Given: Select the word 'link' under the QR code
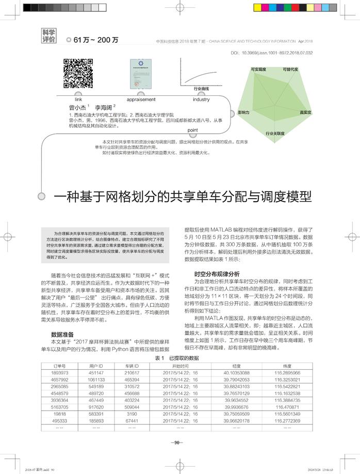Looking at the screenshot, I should pyautogui.click(x=78, y=99).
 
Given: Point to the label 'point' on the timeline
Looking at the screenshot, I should pyautogui.click(x=193, y=129).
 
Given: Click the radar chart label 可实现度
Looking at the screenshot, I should pyautogui.click(x=258, y=69).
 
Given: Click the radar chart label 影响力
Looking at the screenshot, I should pyautogui.click(x=243, y=111).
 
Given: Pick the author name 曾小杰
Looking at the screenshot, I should pyautogui.click(x=77, y=107).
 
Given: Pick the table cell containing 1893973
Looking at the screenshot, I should pyautogui.click(x=60, y=372).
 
